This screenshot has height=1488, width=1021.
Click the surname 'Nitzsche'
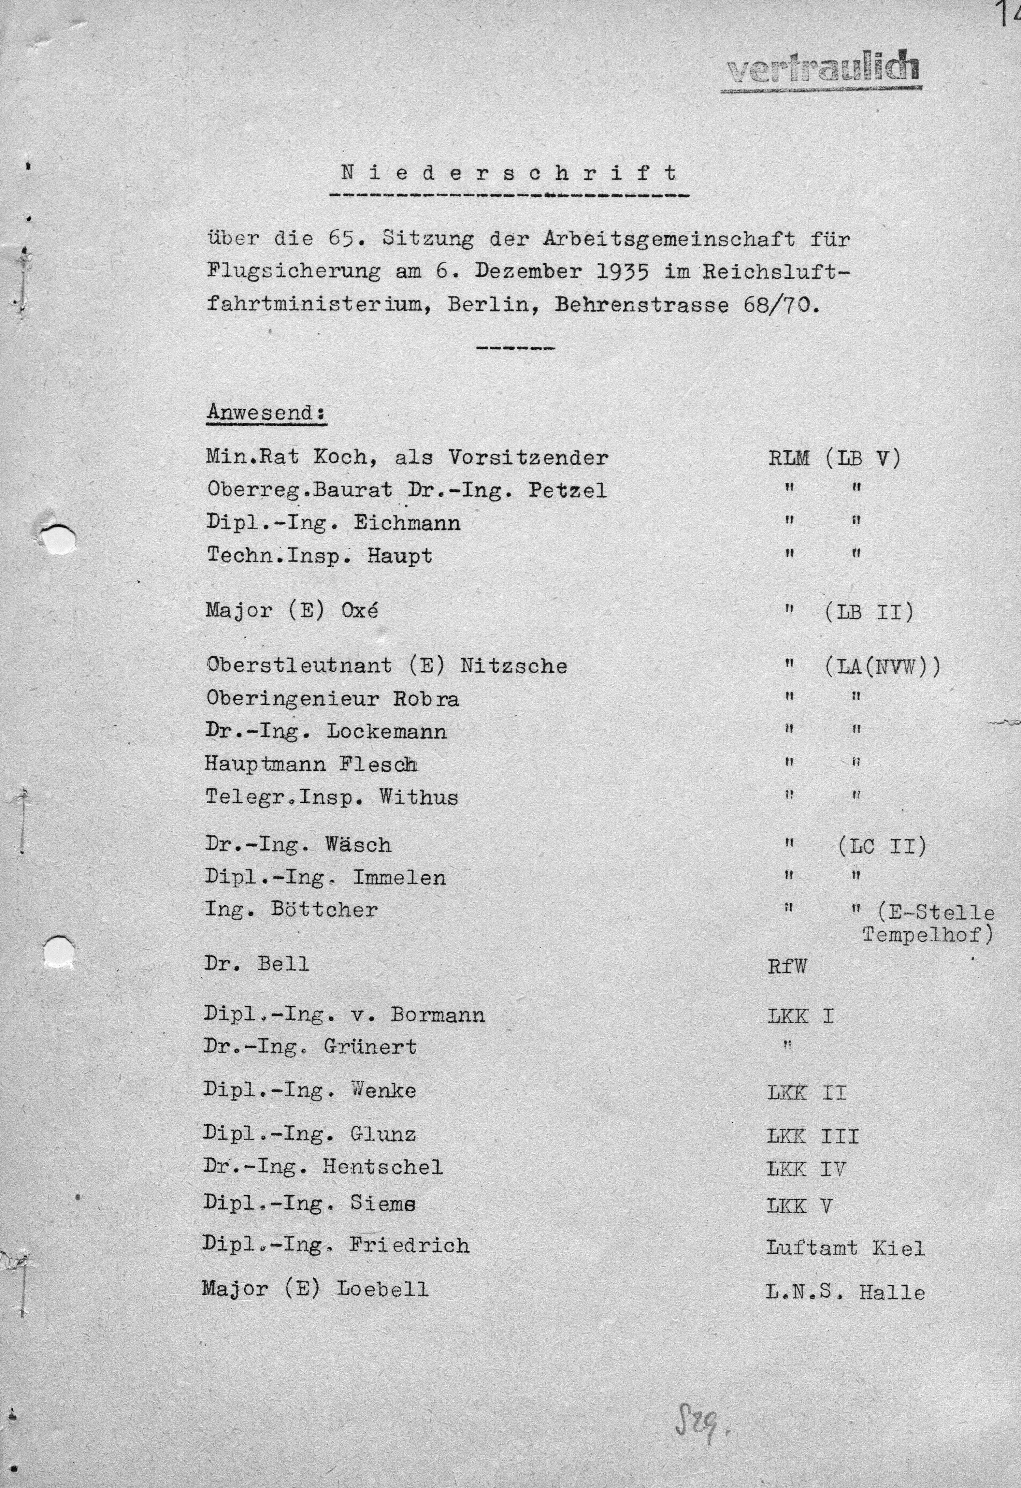(x=513, y=666)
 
